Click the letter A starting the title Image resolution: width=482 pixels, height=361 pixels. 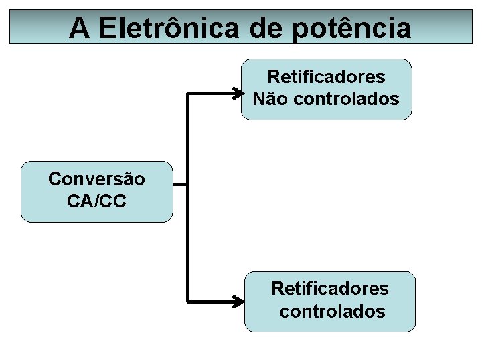click(79, 27)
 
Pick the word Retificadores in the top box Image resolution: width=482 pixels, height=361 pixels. click(326, 78)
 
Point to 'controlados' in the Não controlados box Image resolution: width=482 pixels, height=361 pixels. click(346, 100)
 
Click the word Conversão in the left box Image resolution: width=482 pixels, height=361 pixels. click(96, 179)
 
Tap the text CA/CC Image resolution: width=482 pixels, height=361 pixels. click(96, 201)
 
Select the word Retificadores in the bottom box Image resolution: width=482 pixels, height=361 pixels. click(329, 289)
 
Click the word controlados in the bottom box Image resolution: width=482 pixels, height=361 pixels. click(332, 312)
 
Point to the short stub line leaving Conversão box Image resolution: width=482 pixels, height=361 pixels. click(180, 185)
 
